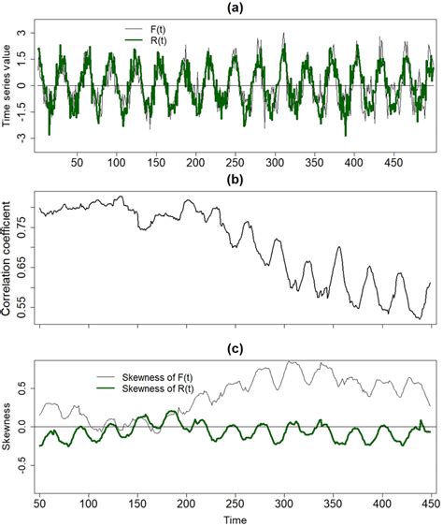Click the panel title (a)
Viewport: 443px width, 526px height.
tap(236, 7)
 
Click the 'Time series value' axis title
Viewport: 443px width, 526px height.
tap(8, 85)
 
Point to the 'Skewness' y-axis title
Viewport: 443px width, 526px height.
tap(8, 428)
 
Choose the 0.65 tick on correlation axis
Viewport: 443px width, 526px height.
tap(22, 267)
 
